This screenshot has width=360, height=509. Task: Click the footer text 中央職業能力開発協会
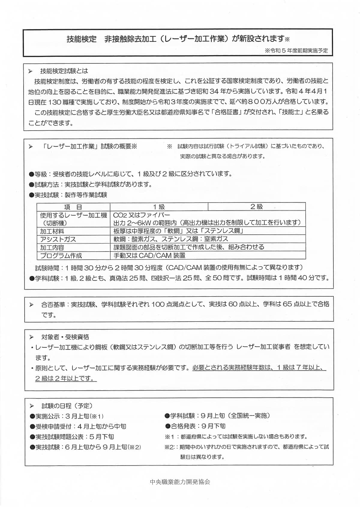coord(180,482)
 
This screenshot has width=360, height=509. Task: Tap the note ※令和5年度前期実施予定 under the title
coord(296,50)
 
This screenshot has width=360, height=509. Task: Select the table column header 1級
coord(159,207)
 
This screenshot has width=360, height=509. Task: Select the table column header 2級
coord(256,207)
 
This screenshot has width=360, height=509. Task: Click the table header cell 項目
coord(73,207)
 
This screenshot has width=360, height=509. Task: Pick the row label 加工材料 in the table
coord(52,231)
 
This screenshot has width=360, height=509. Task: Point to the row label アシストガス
coord(58,239)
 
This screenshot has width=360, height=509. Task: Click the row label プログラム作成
coord(61,256)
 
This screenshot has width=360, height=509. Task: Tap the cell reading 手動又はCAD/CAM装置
coord(149,256)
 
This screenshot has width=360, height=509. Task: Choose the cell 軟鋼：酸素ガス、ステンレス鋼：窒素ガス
coord(171,239)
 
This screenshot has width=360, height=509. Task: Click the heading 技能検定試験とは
coord(64,71)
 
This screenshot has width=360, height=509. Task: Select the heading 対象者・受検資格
coord(65,337)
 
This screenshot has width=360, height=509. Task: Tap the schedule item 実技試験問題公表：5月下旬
coord(72,437)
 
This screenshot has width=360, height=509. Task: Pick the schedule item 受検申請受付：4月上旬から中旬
coord(78,426)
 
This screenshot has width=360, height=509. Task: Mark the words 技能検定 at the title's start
coord(82,39)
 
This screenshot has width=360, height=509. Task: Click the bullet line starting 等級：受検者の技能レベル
coord(130,174)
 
